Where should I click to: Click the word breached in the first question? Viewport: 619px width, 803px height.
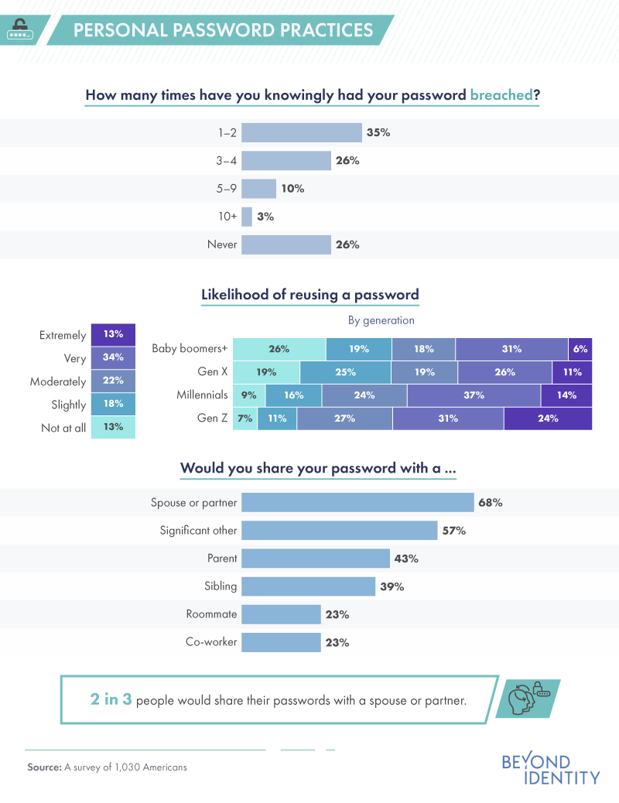coord(501,96)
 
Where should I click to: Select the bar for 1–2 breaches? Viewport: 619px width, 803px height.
coord(302,132)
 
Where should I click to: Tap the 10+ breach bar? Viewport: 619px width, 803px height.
coord(247,217)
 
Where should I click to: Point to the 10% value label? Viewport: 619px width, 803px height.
coord(292,189)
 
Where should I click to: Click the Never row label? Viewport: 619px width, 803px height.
coord(221,244)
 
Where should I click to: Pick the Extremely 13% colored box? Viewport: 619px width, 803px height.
coord(113,334)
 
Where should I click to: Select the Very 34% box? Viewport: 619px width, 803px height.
coord(113,357)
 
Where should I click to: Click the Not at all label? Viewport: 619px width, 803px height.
coord(63,428)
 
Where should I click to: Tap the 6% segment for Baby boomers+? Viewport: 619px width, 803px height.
coord(580,349)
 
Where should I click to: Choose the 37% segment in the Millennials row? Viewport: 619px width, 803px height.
coord(474,395)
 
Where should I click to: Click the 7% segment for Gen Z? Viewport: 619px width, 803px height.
coord(245,419)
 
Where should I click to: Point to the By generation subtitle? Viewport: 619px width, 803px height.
coord(381,319)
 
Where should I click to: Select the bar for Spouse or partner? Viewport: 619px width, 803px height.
coord(357,502)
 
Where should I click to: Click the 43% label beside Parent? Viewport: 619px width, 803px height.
coord(406,559)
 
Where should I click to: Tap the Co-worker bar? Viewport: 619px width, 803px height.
coord(281,642)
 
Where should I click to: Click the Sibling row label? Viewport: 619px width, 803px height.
coord(221,586)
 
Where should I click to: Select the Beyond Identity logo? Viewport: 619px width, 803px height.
coord(550,769)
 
